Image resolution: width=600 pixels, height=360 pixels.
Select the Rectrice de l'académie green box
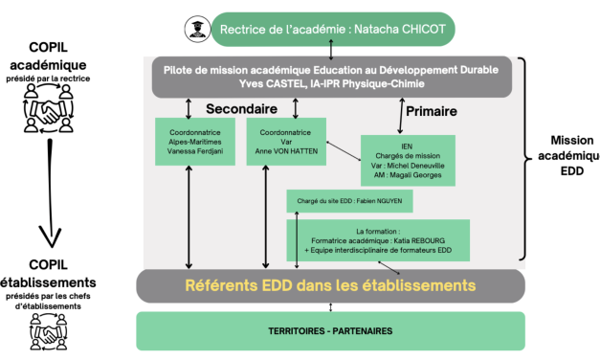(334, 29)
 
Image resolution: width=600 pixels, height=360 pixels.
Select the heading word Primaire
(431, 111)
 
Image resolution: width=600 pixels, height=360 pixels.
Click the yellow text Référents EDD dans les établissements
(330, 284)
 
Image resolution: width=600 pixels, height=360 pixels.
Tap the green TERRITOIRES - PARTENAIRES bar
(330, 331)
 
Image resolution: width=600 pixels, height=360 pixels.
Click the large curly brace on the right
(524, 158)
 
